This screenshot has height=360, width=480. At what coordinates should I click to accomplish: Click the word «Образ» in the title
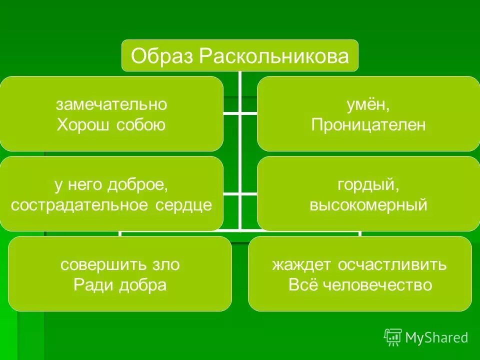pos(162,56)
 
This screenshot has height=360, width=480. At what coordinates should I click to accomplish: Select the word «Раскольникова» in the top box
pos(274,56)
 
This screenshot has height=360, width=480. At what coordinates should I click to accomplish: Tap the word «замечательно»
pos(111,104)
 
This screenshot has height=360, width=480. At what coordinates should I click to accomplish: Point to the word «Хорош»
pos(83,124)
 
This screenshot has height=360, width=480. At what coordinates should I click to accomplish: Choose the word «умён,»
pos(368,104)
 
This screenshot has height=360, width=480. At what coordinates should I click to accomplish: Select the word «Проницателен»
pos(368,124)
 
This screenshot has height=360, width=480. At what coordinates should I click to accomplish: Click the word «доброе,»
pos(137,185)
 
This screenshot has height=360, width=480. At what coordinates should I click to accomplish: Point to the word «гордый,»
pos(368,185)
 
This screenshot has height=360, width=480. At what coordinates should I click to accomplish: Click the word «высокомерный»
pos(368,205)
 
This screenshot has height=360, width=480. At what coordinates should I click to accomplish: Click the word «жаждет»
pos(301,264)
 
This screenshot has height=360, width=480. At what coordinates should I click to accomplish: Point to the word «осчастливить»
pos(392,264)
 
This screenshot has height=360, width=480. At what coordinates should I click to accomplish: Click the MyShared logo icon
pos(393,337)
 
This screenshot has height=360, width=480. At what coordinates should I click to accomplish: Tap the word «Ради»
pos(92,284)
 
